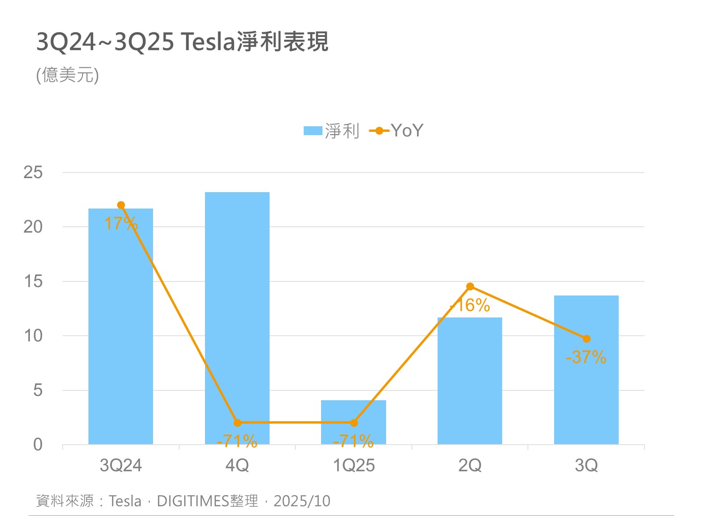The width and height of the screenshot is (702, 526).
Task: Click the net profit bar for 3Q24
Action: (121, 327)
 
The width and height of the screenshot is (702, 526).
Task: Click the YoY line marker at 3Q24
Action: (121, 205)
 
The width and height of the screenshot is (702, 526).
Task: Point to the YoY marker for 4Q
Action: (237, 423)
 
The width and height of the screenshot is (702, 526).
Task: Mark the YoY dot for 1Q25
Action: (354, 423)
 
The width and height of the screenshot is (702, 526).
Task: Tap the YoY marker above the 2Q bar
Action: (470, 287)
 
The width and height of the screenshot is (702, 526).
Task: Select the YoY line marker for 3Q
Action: (586, 339)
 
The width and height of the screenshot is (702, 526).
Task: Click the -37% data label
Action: (586, 358)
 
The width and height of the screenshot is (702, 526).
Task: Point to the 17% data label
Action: (121, 223)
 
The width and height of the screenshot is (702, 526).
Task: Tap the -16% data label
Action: (470, 306)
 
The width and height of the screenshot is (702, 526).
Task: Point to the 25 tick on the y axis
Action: (33, 173)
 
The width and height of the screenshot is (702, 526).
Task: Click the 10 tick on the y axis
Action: (33, 336)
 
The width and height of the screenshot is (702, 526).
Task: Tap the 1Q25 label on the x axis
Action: (354, 466)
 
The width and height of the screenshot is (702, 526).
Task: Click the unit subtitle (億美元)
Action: (68, 75)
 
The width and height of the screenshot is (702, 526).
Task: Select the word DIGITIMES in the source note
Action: (193, 501)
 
